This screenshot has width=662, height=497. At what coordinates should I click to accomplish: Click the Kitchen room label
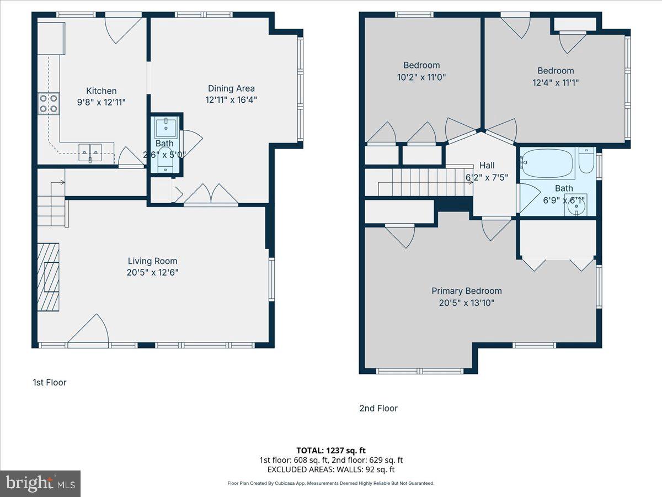pos(101,91)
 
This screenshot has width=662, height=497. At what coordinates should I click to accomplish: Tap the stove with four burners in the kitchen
pos(49,104)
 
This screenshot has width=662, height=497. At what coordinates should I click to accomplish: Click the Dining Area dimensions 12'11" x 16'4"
pos(231,100)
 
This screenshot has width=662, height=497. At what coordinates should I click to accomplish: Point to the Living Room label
pos(152,261)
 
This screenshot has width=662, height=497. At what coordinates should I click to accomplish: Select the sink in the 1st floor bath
pos(166,128)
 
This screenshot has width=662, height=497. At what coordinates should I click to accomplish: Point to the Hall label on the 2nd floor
pos(487,166)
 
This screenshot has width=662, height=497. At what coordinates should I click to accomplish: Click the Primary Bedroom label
pos(466,291)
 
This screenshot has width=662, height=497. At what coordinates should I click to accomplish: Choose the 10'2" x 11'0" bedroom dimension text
pos(421,77)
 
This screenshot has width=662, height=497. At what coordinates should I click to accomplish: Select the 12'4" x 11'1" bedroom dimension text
pos(556,83)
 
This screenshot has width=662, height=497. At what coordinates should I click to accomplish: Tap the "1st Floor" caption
pos(50,382)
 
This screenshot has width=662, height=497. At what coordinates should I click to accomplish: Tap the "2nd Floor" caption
pos(378,409)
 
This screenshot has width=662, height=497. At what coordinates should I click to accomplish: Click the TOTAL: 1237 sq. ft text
pos(331,450)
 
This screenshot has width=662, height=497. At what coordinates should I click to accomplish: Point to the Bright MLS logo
pos(40,484)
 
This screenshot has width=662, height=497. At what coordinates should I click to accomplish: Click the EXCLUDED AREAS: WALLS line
pos(331,469)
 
